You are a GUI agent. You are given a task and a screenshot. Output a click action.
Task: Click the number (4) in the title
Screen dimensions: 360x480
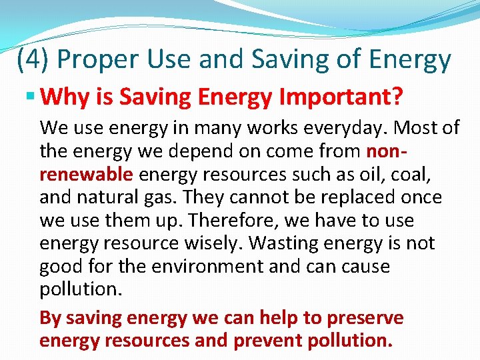(33, 60)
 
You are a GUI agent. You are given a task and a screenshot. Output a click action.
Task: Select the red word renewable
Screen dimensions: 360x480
(87, 175)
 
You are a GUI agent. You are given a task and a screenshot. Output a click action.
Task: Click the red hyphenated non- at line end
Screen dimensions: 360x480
(385, 151)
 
